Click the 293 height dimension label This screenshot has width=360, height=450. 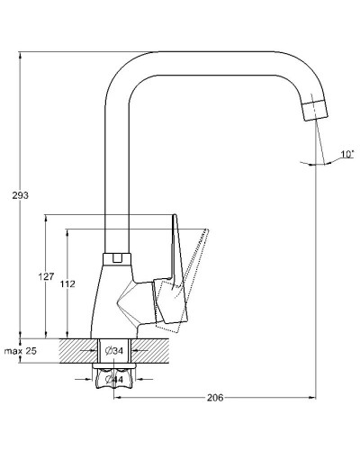tap(21, 195)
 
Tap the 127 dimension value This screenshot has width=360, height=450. tap(46, 276)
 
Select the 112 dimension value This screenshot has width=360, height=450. tap(67, 283)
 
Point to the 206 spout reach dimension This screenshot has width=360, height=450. tap(215, 398)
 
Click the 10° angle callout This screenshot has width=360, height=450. tap(347, 154)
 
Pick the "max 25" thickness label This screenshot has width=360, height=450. tap(21, 350)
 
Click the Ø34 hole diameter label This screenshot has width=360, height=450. tap(114, 350)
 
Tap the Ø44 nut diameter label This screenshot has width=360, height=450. tap(114, 380)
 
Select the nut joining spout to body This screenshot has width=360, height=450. tap(117, 259)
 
